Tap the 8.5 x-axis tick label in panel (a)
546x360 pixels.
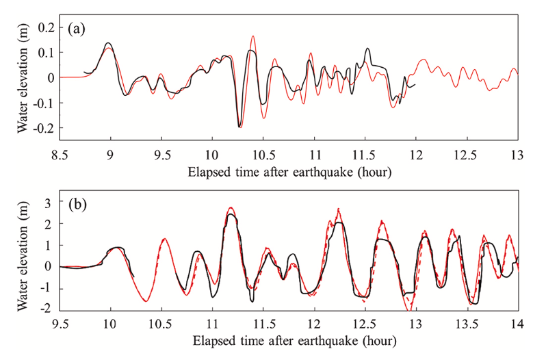coord(60,155)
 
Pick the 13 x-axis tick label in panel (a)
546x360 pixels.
coord(517,155)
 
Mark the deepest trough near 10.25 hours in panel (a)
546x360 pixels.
coord(239,127)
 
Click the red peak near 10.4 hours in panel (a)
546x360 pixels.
coord(253,36)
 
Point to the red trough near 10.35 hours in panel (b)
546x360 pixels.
coord(146,301)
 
